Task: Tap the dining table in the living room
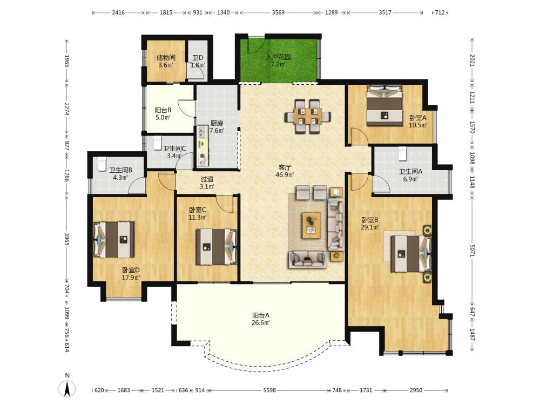pyautogui.click(x=308, y=116)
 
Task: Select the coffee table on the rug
pyautogui.click(x=312, y=225)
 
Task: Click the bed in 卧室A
pyautogui.click(x=384, y=105)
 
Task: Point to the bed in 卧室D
pyautogui.click(x=113, y=240)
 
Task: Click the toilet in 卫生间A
pyautogui.click(x=403, y=153)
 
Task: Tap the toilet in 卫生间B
pyautogui.click(x=102, y=164)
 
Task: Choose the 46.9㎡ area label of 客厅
pyautogui.click(x=285, y=175)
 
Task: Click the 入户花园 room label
pyautogui.click(x=278, y=57)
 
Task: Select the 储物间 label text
pyautogui.click(x=166, y=58)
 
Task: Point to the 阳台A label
pyautogui.click(x=261, y=315)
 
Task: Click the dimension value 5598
pyautogui.click(x=269, y=390)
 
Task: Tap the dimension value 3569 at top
pyautogui.click(x=278, y=12)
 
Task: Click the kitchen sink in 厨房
pyautogui.click(x=201, y=132)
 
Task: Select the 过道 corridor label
pyautogui.click(x=207, y=179)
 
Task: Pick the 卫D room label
pyautogui.click(x=198, y=58)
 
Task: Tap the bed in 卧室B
pyautogui.click(x=410, y=253)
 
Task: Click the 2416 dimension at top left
pyautogui.click(x=118, y=12)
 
